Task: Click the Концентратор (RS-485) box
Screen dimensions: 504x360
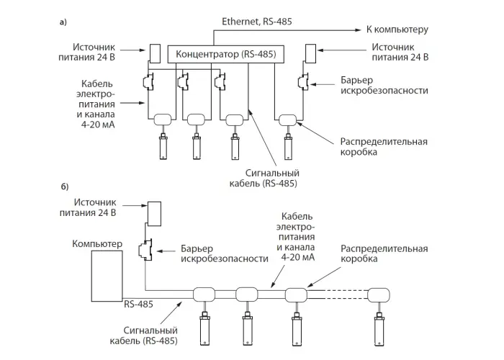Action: coord(226,54)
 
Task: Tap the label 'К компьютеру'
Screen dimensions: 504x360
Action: coord(397,30)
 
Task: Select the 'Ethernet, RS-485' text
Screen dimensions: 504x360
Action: coord(257,22)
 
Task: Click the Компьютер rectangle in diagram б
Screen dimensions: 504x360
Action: coord(107,276)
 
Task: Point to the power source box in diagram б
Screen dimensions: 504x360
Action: coord(154,214)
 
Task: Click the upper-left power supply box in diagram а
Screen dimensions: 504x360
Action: coord(155,54)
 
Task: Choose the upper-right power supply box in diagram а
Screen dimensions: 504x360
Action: coord(310,54)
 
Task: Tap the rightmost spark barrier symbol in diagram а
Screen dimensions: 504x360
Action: coord(303,81)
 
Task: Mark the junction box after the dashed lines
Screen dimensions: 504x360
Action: coord(379,295)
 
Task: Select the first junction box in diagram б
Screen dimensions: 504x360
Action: coord(204,294)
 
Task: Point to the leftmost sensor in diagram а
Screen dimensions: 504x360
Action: coord(163,146)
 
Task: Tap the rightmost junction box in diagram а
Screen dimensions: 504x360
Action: coord(288,120)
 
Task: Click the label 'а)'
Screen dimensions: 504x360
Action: coord(63,22)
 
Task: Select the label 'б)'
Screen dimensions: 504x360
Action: coord(65,186)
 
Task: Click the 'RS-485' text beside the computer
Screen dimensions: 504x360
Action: coord(138,304)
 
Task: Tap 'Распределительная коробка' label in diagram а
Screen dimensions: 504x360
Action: coord(384,147)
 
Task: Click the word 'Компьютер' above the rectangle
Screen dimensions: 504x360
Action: coord(97,244)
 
